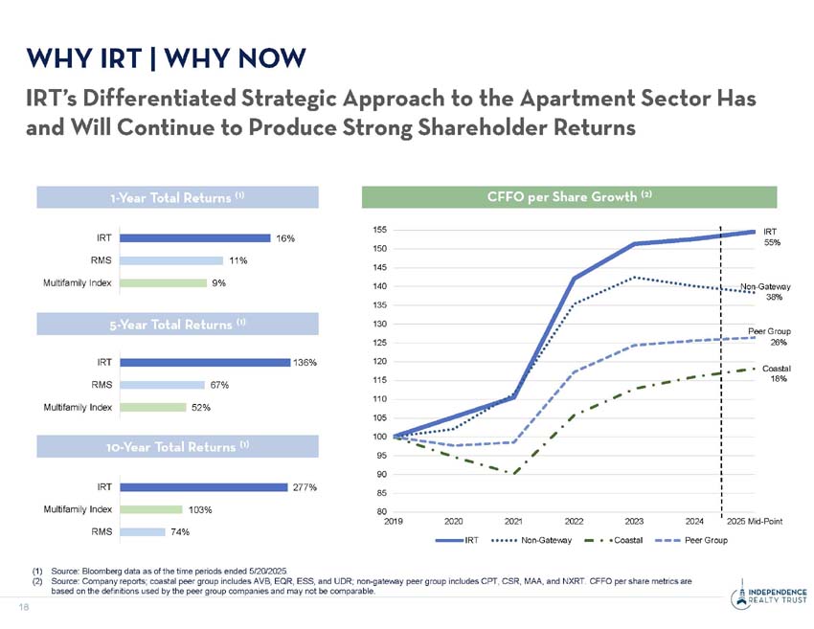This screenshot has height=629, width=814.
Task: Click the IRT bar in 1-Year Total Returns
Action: [x=196, y=237]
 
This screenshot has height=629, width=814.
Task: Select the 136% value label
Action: [x=305, y=362]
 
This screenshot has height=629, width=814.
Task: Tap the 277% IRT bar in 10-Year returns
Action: [x=205, y=486]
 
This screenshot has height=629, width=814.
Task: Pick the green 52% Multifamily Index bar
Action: [x=153, y=407]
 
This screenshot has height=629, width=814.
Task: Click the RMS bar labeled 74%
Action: [x=143, y=531]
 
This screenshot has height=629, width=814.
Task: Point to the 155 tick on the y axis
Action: [x=381, y=230]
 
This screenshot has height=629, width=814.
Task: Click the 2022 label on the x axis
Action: [x=574, y=522]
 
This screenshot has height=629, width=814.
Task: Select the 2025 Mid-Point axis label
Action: [x=755, y=522]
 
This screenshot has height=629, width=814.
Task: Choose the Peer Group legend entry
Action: [x=706, y=541]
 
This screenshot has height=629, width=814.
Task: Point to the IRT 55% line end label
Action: [x=772, y=236]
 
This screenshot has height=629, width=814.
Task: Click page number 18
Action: [x=20, y=606]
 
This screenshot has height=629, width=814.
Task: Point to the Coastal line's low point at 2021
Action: [x=514, y=473]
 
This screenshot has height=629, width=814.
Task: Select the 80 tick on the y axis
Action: [x=381, y=511]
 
